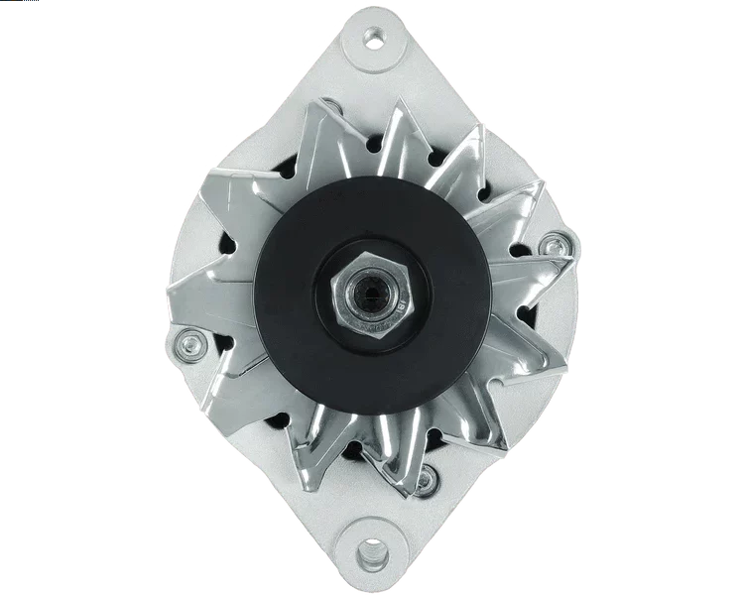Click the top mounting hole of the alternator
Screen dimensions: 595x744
coord(373,39)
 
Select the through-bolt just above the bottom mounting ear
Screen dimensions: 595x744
coord(425,481)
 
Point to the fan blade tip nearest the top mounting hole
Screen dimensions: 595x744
coord(392,103)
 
